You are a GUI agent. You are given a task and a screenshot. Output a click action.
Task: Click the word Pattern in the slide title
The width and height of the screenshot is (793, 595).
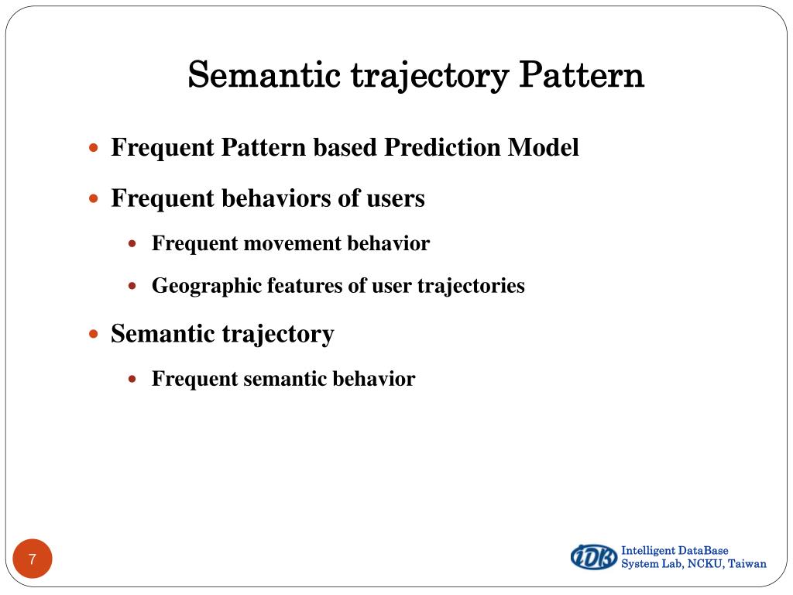(x=581, y=76)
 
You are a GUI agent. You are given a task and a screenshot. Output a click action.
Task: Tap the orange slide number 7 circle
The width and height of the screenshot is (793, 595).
(x=33, y=559)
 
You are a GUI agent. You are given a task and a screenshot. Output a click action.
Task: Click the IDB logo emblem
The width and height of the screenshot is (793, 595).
(x=594, y=556)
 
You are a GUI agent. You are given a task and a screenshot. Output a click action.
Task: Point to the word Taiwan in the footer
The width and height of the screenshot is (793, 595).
(x=747, y=564)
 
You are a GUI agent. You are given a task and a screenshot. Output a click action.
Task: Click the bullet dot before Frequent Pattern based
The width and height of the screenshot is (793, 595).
(x=94, y=147)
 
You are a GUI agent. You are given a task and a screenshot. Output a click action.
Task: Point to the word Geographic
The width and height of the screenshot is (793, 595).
(x=207, y=286)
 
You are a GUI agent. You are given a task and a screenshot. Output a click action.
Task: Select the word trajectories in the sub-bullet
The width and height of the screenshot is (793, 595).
(x=471, y=286)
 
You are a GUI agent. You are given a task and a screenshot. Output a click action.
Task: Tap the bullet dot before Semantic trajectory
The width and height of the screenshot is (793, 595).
(x=94, y=335)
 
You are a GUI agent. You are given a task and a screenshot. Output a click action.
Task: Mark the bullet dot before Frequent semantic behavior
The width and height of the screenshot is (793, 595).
(x=132, y=379)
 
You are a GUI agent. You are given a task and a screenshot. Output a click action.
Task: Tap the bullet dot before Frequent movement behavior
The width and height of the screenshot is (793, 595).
(x=132, y=243)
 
